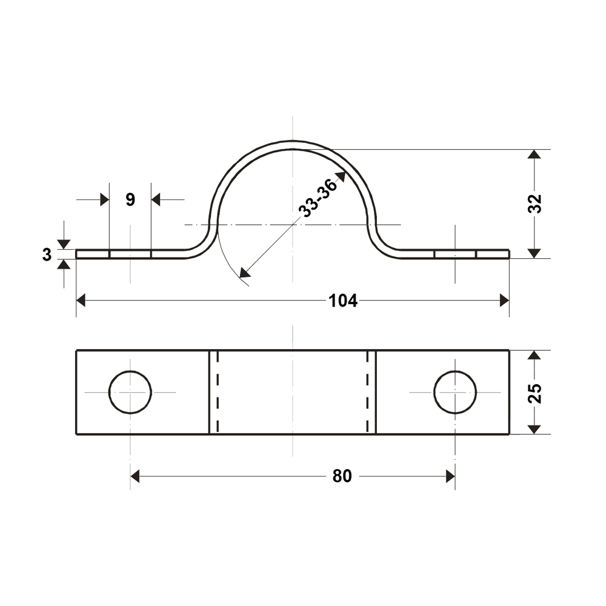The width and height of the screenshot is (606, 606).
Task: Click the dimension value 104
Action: point(342,301)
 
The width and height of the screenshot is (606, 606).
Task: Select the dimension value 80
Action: point(342,476)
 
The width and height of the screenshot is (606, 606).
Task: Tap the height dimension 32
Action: point(534,204)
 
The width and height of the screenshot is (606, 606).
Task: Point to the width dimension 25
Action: point(534,393)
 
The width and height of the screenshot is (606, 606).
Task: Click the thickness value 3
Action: point(47,255)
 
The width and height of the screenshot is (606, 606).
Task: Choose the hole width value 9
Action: point(130,199)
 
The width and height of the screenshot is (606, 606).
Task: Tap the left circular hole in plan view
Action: point(130,392)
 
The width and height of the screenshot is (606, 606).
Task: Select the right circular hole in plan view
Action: point(455,392)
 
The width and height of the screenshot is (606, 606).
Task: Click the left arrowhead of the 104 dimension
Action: point(81,301)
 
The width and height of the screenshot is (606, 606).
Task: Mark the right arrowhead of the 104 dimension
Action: point(504,301)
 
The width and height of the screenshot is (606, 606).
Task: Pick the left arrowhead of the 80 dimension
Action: point(135,476)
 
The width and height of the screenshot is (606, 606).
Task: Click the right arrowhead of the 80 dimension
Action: point(450,476)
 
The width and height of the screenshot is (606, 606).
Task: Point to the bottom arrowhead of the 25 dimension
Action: point(534,429)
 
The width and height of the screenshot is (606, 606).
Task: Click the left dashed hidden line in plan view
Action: point(218,392)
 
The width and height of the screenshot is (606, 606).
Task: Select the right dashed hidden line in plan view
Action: point(368,392)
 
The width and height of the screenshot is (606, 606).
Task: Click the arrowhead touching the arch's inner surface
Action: point(341,176)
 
